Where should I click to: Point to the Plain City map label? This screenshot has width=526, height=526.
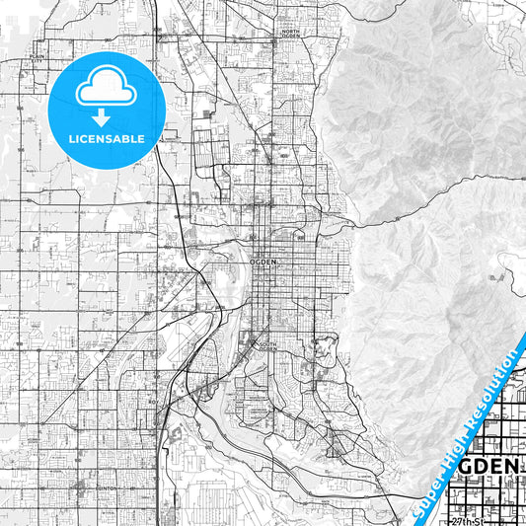[38, 58]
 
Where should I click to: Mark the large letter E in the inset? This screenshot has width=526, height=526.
[503, 466]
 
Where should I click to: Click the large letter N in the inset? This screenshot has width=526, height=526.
[520, 466]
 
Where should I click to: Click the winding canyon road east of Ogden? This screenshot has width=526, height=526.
[414, 197]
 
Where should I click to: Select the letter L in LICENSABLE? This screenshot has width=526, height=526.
[72, 138]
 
